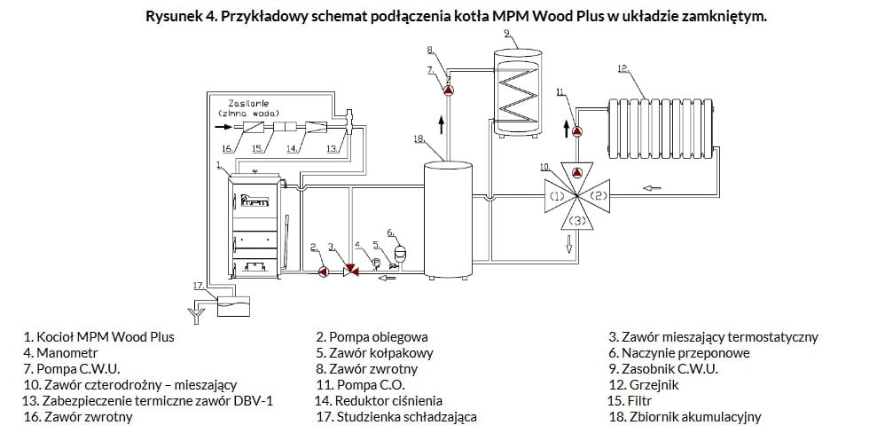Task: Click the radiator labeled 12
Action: [x=661, y=128]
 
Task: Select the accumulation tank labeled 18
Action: [x=448, y=220]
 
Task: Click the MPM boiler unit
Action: [x=255, y=225]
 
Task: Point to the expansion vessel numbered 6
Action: [x=402, y=251]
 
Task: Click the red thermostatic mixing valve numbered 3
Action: [x=350, y=272]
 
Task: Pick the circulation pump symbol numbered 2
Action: [x=324, y=272]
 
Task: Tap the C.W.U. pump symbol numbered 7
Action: [x=448, y=91]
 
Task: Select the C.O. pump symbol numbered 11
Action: [x=576, y=131]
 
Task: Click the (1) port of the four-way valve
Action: [x=557, y=196]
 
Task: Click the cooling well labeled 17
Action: [x=233, y=306]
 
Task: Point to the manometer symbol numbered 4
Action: [x=374, y=261]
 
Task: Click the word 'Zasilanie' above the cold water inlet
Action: [x=247, y=105]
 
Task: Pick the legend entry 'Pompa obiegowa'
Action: [x=379, y=337]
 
